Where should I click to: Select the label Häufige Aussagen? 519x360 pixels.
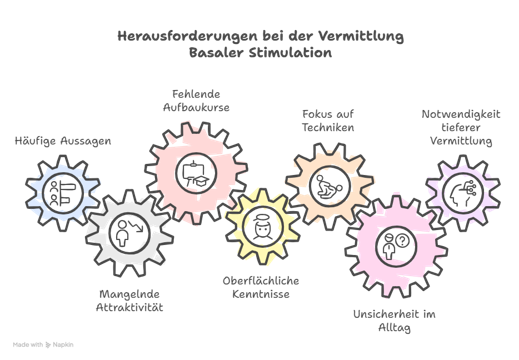63,141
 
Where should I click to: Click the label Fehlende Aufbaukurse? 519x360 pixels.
196,101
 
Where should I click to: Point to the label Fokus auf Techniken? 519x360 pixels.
328,121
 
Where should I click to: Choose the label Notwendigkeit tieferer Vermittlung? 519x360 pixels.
461,127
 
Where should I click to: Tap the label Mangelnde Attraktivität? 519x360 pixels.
130,301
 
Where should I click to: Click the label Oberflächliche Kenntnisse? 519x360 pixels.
261,287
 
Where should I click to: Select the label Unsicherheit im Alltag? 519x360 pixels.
394,321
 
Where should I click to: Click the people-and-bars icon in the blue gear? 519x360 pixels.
63,193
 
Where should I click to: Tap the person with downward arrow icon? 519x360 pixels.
129,233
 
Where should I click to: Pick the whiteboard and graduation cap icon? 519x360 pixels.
196,173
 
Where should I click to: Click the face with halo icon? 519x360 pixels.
263,227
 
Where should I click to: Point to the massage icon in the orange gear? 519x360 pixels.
329,186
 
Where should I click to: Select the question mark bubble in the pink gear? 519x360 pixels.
402,240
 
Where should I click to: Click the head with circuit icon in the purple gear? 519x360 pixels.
463,193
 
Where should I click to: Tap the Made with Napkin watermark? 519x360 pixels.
43,345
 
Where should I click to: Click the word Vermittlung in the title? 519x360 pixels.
361,36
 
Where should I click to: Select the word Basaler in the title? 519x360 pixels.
216,53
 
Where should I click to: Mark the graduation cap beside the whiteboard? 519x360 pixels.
202,181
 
